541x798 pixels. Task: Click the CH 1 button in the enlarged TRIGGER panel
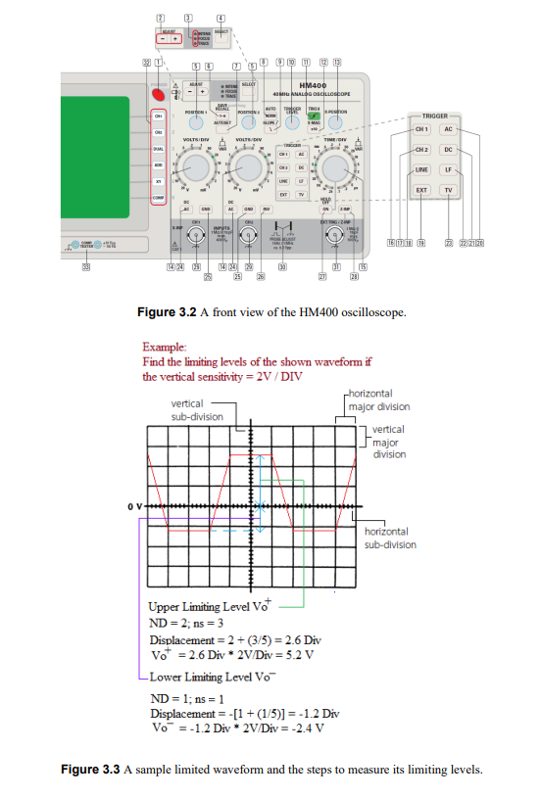point(422,129)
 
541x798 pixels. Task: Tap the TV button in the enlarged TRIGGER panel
point(449,189)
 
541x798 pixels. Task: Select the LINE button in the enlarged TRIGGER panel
point(422,169)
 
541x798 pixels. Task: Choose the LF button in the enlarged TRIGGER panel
point(449,169)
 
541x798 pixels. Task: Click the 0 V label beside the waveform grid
point(132,506)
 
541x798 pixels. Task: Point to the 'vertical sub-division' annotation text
point(194,410)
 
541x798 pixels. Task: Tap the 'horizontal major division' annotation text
point(378,400)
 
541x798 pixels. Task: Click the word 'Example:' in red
point(163,347)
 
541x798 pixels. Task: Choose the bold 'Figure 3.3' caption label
point(90,770)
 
